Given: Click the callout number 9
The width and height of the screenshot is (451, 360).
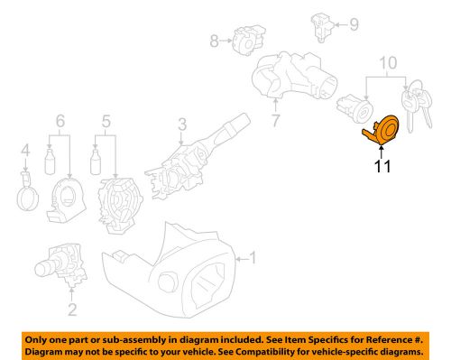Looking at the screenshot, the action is coord(354,23).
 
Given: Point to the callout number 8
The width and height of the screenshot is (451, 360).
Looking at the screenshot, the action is coord(214,40).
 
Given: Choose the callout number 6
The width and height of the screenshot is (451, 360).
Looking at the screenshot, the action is coord(60,120).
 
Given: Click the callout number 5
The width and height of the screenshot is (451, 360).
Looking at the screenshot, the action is coord(106,120).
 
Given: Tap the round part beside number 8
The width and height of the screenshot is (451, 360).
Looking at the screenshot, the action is coord(244,39).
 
